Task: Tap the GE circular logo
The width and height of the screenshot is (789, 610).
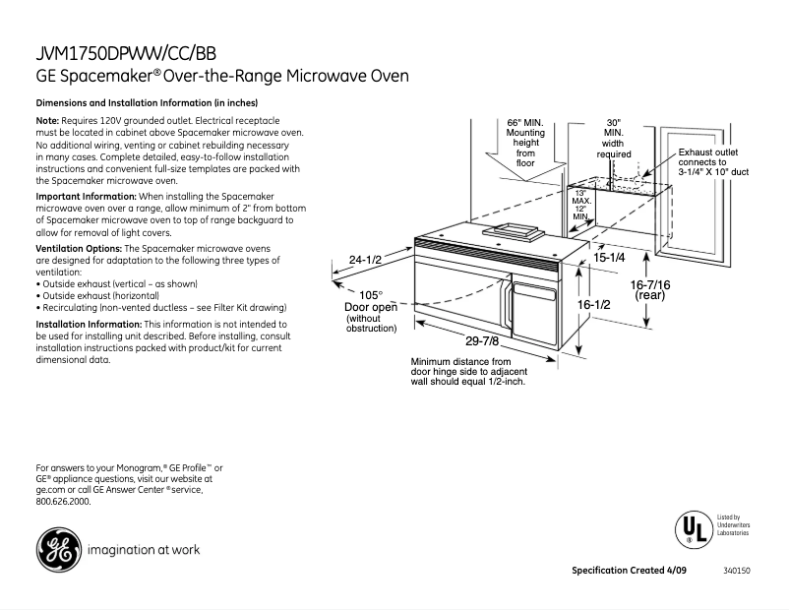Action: (59, 549)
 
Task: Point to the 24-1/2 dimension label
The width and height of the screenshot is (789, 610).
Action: (365, 261)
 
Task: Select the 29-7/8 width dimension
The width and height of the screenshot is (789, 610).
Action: (484, 341)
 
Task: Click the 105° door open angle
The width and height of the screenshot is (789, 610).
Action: (370, 294)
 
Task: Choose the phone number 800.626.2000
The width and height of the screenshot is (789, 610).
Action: (63, 501)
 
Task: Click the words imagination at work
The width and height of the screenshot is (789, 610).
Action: (144, 549)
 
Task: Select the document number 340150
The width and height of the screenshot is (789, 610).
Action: (736, 572)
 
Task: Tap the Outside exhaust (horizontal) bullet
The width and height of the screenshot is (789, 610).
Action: (98, 294)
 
